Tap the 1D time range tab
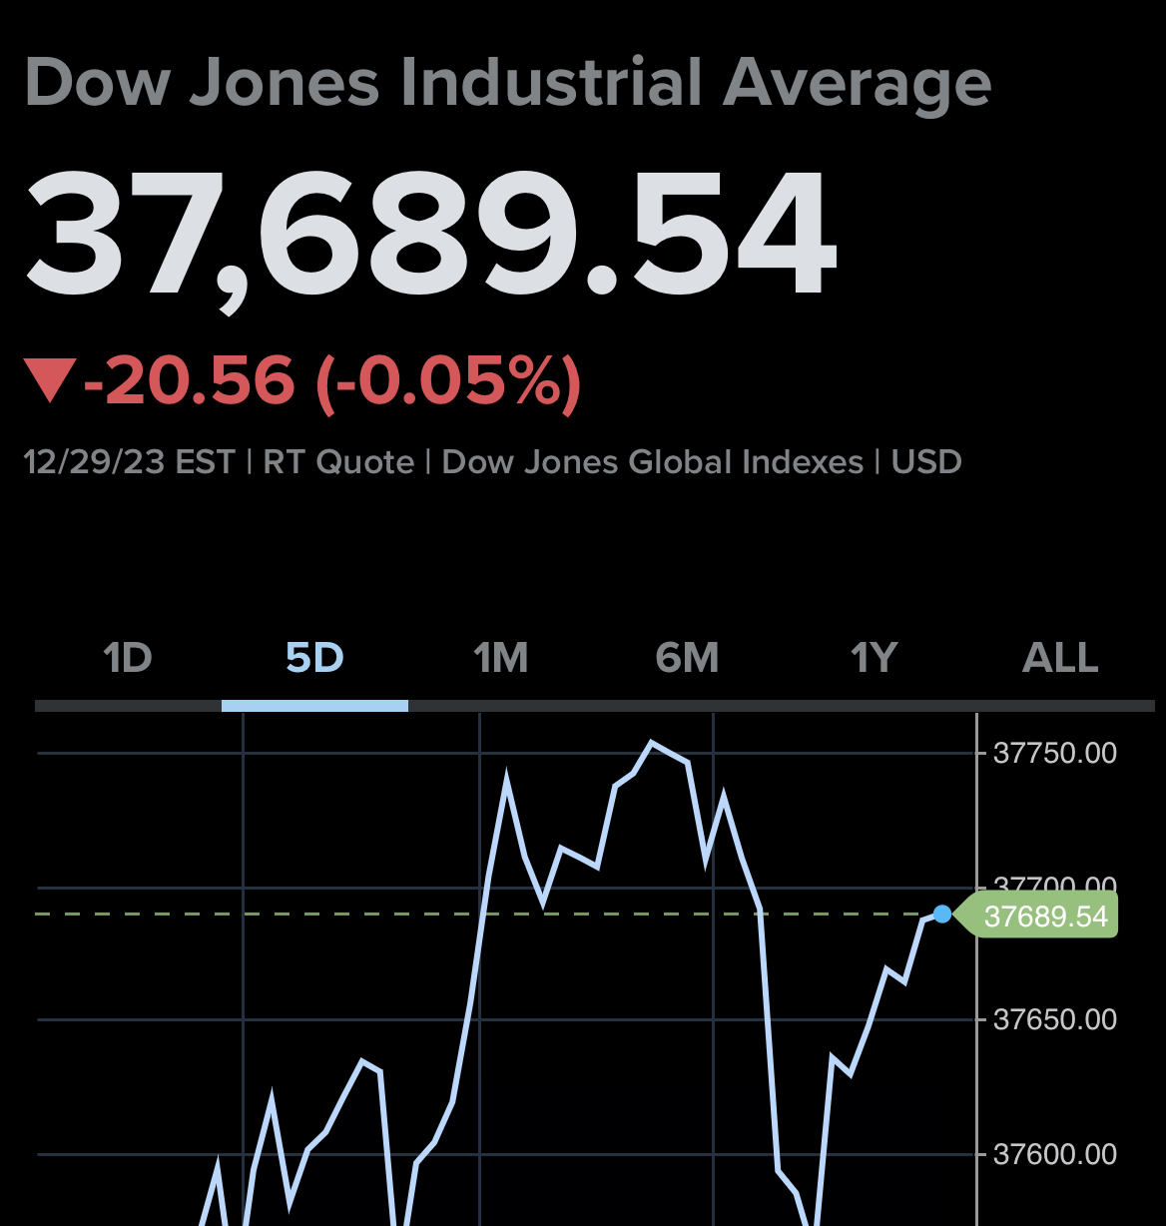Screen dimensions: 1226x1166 point(128,659)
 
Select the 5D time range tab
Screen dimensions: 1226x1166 point(314,659)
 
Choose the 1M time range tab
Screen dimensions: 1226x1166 point(500,659)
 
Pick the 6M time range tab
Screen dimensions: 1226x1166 point(687,659)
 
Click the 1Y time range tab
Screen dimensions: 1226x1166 point(874,659)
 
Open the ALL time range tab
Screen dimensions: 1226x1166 point(1060,659)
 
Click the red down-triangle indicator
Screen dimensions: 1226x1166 point(50,382)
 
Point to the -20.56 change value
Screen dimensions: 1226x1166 point(190,381)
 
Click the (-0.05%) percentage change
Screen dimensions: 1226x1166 point(448,381)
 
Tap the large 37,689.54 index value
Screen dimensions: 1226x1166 point(429,236)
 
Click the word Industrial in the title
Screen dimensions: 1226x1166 point(551,83)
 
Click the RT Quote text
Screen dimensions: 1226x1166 point(338,462)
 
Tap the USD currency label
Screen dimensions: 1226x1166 point(926,462)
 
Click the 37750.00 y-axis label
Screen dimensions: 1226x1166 point(1055,753)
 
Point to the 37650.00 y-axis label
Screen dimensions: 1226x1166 point(1055,1019)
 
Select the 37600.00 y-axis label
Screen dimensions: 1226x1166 point(1055,1154)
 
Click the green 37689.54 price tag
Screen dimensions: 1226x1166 point(1044,916)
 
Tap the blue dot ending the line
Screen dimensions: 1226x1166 point(941,914)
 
